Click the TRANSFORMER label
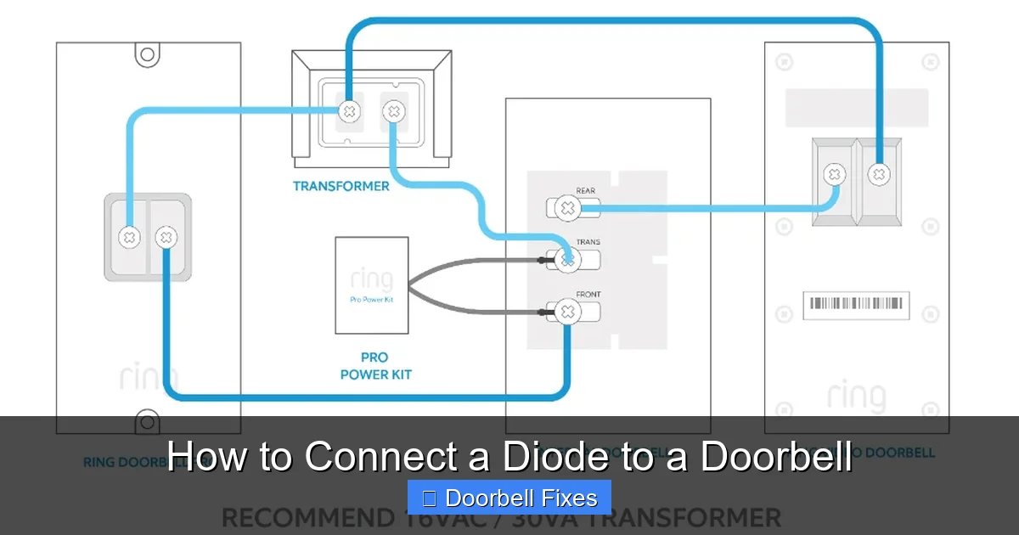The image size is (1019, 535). [341, 186]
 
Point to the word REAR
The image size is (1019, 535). [586, 191]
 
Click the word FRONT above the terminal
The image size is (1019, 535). [588, 295]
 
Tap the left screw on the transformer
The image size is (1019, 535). [348, 111]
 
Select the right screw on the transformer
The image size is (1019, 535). [392, 111]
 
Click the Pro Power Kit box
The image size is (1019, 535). [371, 285]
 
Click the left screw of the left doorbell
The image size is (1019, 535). [129, 238]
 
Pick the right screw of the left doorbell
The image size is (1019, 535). [166, 238]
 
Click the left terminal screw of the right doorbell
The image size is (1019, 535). [836, 175]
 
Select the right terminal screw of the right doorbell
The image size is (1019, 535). [879, 175]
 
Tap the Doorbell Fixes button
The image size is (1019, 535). [509, 498]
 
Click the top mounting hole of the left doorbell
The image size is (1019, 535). [148, 54]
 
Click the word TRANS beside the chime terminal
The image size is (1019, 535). [588, 243]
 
